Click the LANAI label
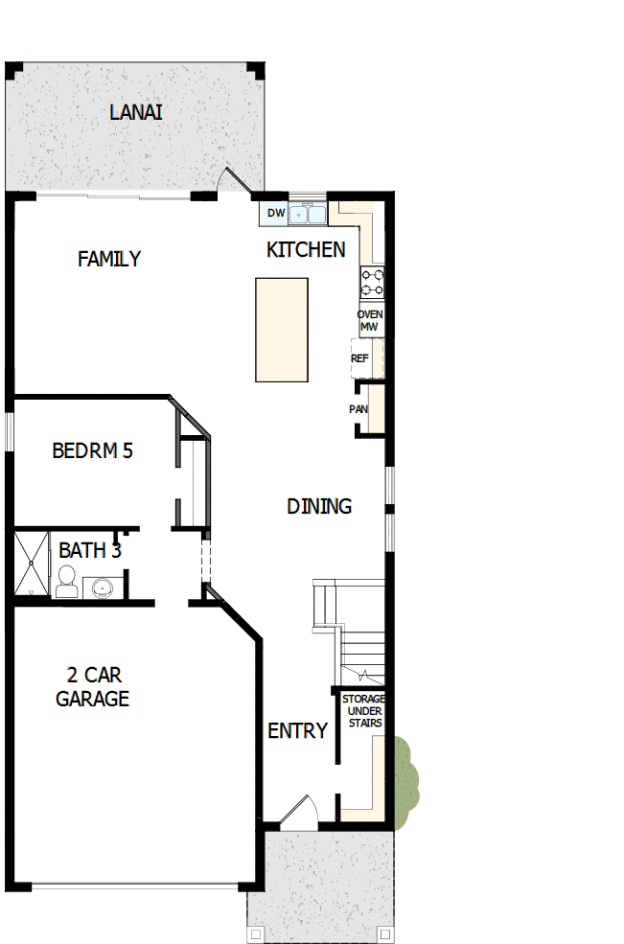tap(135, 112)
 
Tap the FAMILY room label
tap(109, 259)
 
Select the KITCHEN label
tap(306, 250)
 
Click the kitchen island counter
tap(281, 330)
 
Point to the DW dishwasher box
tap(275, 213)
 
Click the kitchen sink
tap(309, 213)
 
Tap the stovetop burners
tap(372, 282)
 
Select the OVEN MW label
tap(369, 321)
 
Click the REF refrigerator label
tap(360, 358)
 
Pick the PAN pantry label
tap(358, 409)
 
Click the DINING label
tap(319, 506)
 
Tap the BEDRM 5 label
tap(92, 450)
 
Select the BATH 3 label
tap(89, 551)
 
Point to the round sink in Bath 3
tap(102, 586)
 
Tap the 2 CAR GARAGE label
tap(92, 686)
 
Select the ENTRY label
tap(297, 731)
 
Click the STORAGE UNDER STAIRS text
tap(363, 711)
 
